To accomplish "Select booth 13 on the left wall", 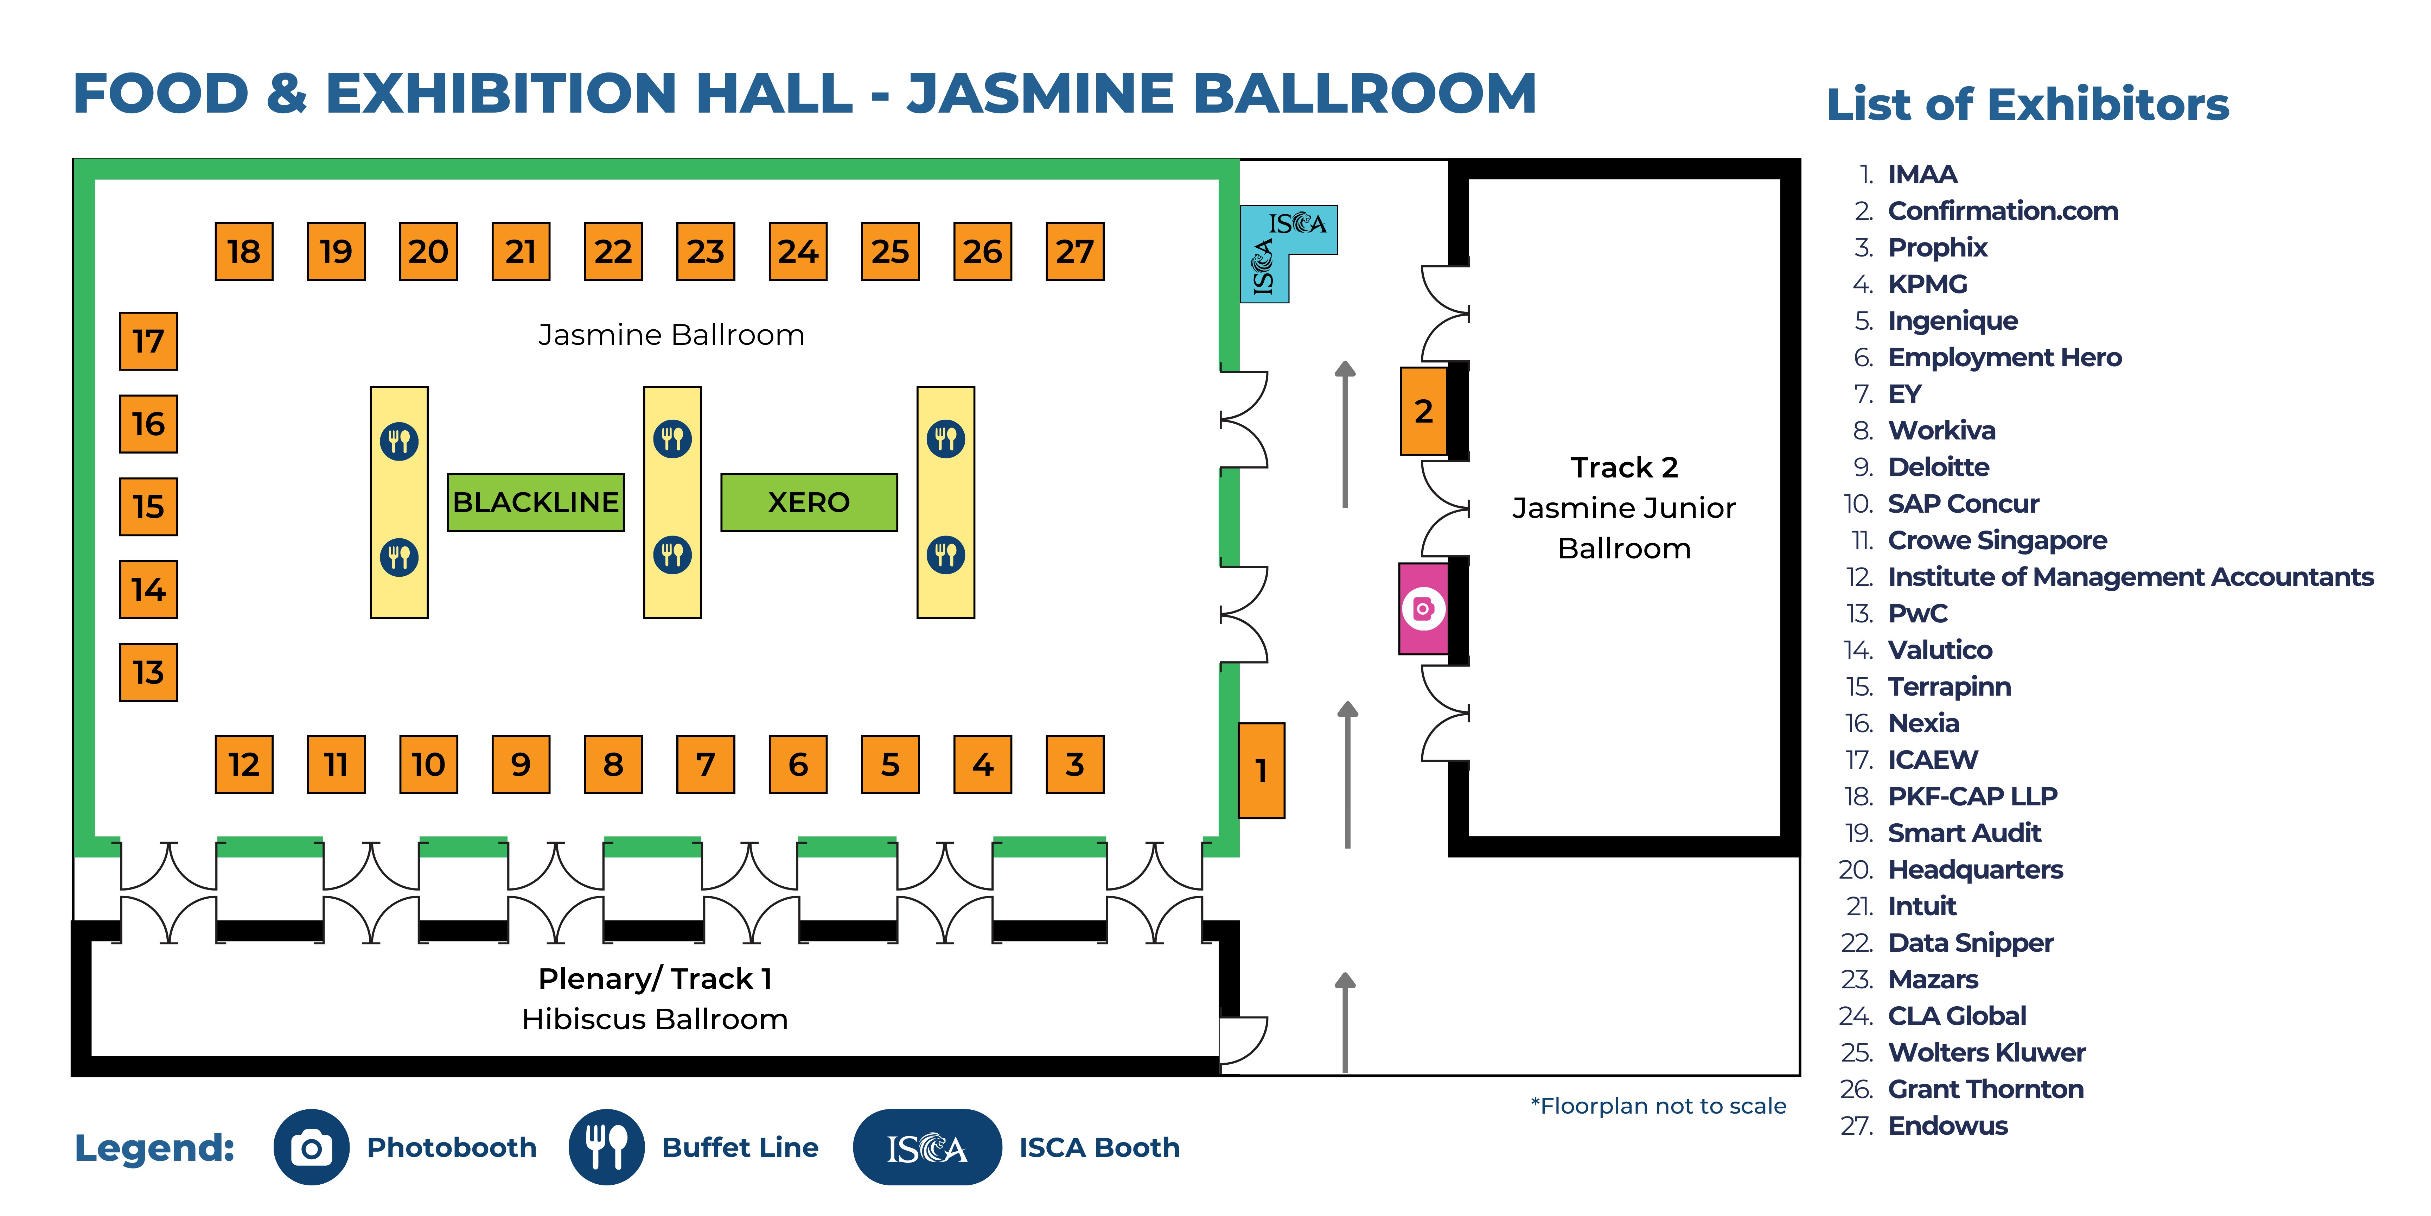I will point(148,672).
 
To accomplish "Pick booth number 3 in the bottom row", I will point(1075,764).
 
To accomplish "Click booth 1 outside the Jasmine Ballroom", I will point(1261,771).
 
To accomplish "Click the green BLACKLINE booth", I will point(535,502).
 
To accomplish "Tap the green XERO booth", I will point(809,502).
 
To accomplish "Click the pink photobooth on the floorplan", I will point(1423,609).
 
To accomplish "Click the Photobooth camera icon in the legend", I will point(311,1147).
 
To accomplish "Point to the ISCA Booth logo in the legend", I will point(927,1147).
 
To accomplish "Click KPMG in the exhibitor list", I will point(1927,284).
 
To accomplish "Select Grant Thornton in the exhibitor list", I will point(1986,1089).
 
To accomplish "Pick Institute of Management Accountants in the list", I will point(2130,577).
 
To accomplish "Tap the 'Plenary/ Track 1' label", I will point(655,979).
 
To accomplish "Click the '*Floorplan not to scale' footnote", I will point(1658,1106).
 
